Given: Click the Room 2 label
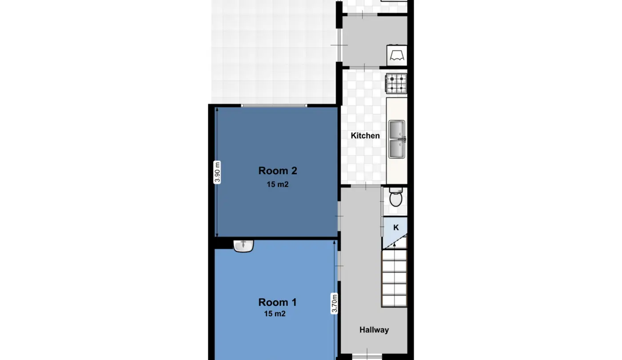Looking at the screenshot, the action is point(278,171).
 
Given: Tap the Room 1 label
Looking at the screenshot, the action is point(277,302).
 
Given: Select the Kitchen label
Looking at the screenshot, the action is point(365,136).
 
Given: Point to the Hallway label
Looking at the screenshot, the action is point(374,330).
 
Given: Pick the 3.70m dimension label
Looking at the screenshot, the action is point(334,303).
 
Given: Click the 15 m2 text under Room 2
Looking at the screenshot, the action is point(278,184).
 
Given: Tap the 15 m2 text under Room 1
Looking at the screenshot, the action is point(275,314).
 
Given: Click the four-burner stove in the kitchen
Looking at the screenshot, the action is point(396,84).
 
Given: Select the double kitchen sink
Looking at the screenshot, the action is point(397,139).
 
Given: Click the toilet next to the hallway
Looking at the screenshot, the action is point(396,197).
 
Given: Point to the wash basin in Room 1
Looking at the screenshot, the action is point(243,246).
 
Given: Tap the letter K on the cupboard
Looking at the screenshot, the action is point(396,228).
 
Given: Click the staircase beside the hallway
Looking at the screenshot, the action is point(395,278).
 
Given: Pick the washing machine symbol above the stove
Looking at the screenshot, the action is point(397,56).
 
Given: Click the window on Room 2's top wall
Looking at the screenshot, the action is point(274,106).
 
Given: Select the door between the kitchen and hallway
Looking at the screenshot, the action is point(366,186).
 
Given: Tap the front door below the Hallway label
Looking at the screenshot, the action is point(367,356).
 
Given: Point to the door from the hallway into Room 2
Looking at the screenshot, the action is point(339,216).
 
